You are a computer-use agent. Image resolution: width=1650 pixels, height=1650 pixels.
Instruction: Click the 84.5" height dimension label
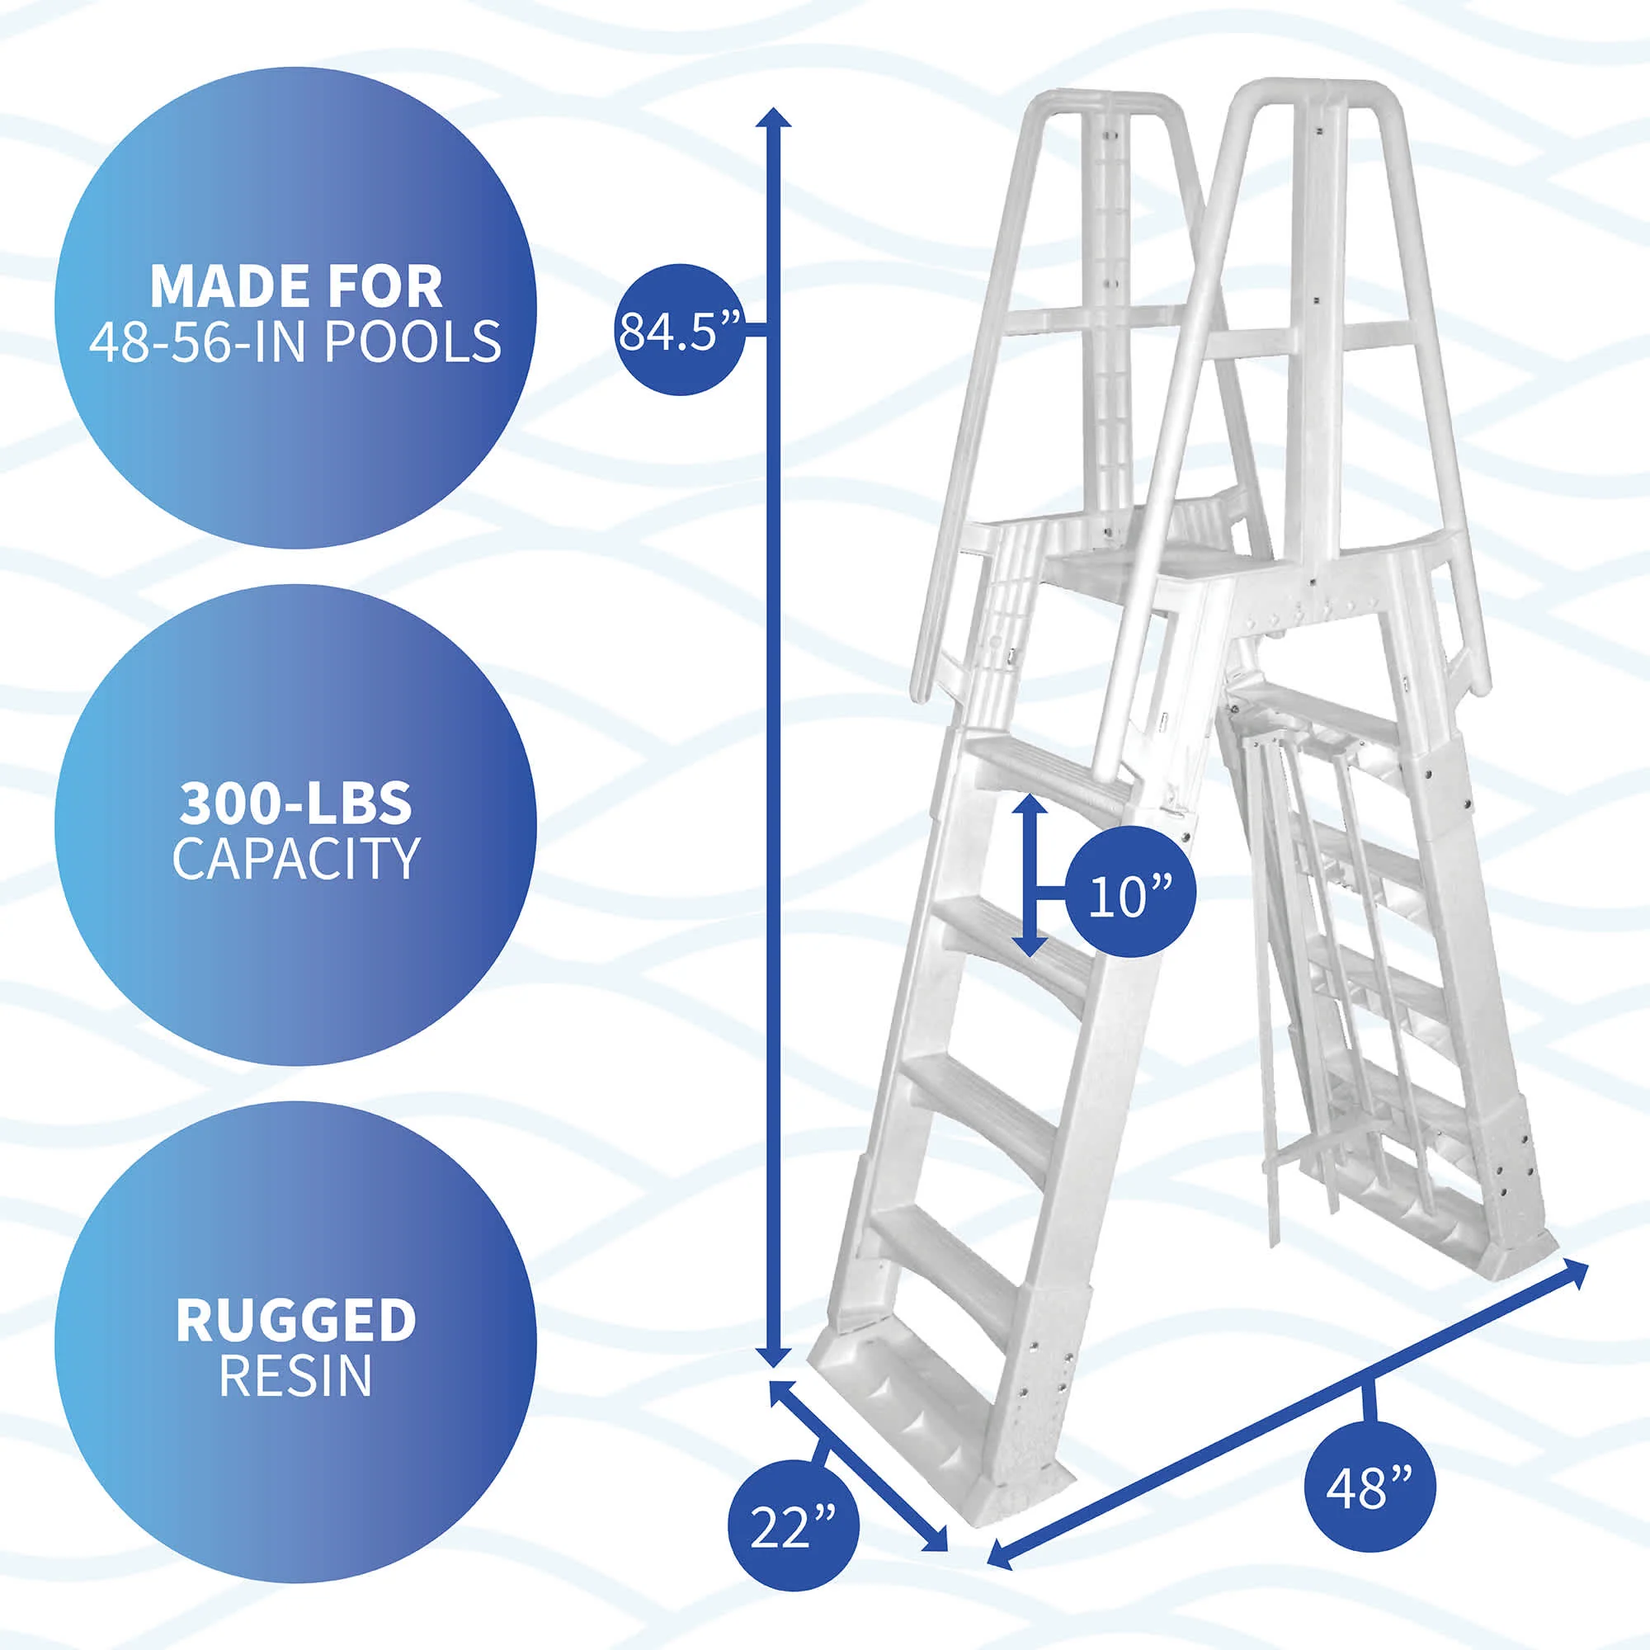coord(679,331)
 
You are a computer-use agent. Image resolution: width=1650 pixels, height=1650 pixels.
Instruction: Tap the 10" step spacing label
coord(1129,892)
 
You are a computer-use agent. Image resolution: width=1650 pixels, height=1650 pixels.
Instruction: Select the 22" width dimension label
coord(793,1525)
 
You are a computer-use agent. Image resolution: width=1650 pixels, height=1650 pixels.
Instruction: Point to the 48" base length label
coord(1369,1487)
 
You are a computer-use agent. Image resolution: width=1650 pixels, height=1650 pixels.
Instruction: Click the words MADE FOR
coord(295,287)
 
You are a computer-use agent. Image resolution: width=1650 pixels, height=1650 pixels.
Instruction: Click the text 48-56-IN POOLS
coord(295,342)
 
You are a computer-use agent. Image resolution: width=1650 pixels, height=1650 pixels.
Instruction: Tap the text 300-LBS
coord(295,804)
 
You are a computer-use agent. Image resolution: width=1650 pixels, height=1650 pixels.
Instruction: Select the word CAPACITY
coord(295,858)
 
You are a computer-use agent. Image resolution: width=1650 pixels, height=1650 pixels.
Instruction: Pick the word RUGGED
coord(295,1320)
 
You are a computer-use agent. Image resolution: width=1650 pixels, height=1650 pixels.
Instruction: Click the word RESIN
coord(295,1375)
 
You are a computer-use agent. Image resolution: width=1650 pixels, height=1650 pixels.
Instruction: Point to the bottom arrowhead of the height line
coord(774,1380)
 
